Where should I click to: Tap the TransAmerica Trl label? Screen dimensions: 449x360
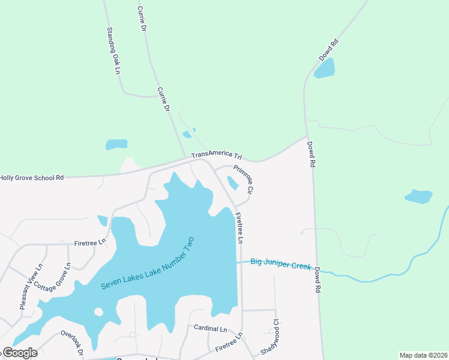coord(216,156)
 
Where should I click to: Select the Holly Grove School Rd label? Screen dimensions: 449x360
coord(32,178)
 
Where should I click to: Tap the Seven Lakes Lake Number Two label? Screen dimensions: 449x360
coord(148,263)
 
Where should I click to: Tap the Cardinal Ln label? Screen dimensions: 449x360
coord(210,329)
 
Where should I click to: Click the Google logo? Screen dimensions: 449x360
coord(20,353)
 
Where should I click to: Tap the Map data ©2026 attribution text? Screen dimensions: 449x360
coord(423,355)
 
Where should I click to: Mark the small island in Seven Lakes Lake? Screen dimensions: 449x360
coord(99,311)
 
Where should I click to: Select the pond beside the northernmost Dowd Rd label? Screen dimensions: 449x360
coord(325,69)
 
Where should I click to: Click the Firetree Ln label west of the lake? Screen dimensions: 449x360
coord(90,243)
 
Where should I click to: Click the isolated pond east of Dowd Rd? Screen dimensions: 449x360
coord(418,196)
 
